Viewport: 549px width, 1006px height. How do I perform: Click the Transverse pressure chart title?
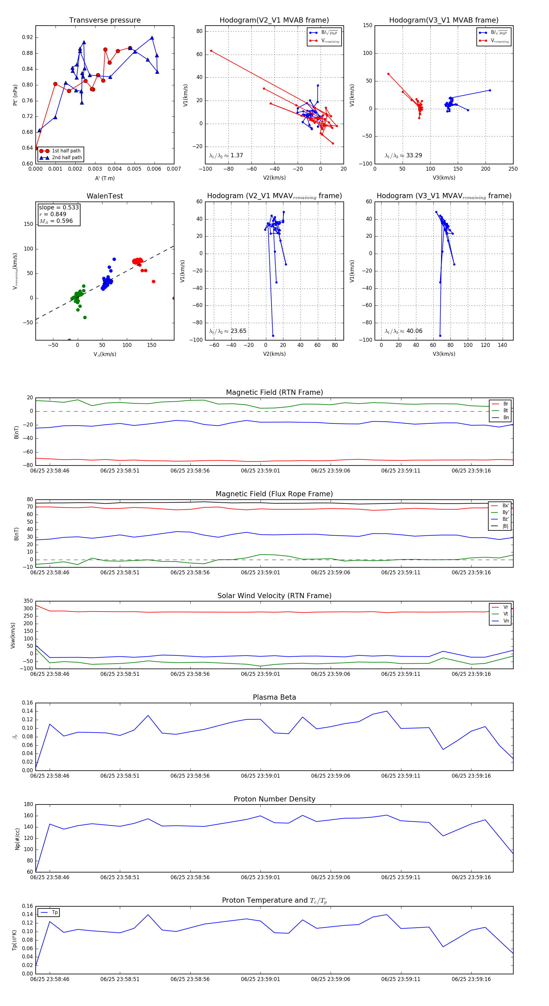(105, 20)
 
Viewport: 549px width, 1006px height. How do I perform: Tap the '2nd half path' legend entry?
(67, 158)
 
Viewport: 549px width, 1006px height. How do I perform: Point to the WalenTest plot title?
(105, 196)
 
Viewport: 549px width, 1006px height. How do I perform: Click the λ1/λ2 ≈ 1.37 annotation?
(226, 155)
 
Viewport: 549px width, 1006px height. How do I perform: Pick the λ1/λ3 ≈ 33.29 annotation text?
(403, 155)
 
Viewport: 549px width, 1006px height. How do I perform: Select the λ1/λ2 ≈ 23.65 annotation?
(228, 331)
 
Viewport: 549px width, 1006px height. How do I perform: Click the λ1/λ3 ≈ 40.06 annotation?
(403, 331)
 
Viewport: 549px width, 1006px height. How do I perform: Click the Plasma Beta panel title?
(274, 697)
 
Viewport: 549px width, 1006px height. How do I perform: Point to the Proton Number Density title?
(274, 799)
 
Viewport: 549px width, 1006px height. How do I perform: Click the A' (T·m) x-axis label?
(105, 178)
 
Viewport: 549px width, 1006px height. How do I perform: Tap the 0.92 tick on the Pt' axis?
(27, 37)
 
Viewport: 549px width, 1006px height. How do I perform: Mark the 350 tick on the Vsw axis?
(28, 601)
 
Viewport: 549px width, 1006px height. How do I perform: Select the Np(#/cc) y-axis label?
(17, 838)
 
